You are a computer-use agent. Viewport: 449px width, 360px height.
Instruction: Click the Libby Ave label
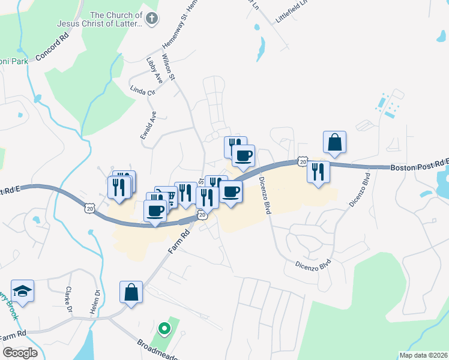154,70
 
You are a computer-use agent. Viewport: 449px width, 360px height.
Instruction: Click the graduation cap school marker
23,291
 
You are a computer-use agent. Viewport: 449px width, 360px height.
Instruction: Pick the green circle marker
164,329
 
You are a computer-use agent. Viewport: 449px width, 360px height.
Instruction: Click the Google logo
20,353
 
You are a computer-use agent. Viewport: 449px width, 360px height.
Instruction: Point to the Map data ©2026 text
423,355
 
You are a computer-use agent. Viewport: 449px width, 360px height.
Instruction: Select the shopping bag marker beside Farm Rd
131,293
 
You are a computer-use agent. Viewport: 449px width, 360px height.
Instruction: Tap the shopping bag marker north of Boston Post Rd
334,143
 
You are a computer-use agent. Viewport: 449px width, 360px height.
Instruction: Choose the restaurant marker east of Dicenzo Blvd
318,172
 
